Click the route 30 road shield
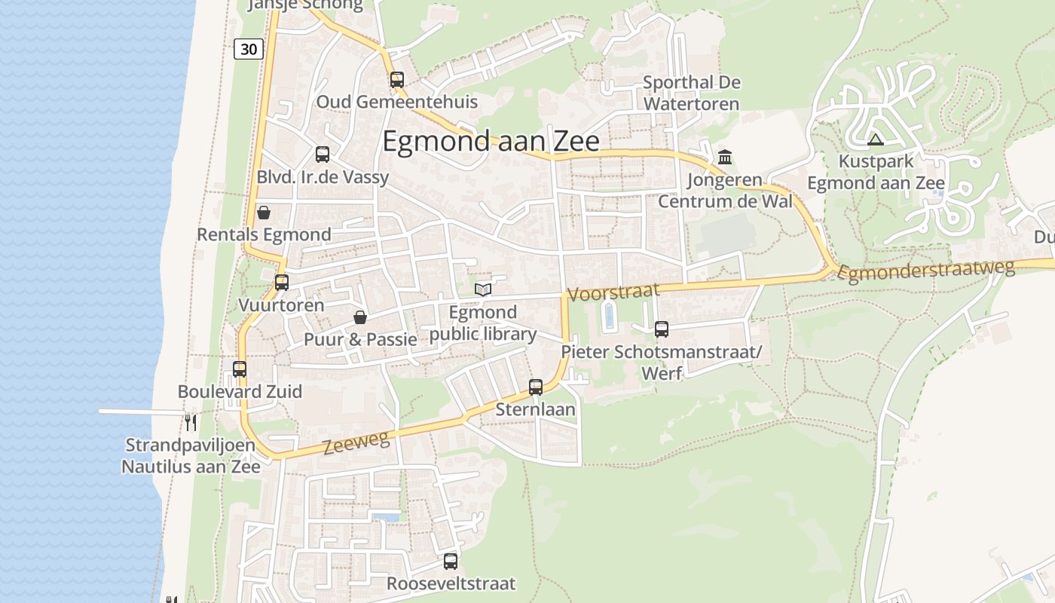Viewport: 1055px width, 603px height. (249, 49)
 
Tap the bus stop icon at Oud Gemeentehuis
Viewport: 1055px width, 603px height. (397, 79)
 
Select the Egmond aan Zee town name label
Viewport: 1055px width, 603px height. (491, 142)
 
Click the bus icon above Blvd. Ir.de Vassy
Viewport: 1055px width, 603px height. (323, 155)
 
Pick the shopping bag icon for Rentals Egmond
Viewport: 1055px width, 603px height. (264, 213)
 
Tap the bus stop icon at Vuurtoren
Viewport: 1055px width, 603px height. (282, 283)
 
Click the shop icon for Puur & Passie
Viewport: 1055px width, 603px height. (360, 317)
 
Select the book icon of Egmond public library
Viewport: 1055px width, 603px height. (483, 289)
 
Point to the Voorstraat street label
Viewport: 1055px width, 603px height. (613, 292)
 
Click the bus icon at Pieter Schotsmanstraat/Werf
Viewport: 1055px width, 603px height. (662, 329)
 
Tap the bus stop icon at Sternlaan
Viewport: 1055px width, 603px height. (536, 387)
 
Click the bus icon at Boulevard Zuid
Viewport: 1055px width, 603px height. (240, 369)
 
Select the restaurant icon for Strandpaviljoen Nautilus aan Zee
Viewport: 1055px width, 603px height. (191, 422)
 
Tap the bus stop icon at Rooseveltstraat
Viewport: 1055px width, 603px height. (451, 562)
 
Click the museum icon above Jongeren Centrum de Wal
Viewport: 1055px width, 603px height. (725, 158)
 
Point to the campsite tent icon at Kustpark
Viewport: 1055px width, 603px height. (875, 139)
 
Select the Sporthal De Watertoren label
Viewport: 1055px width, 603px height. (692, 93)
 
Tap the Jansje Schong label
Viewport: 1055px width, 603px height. (305, 5)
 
